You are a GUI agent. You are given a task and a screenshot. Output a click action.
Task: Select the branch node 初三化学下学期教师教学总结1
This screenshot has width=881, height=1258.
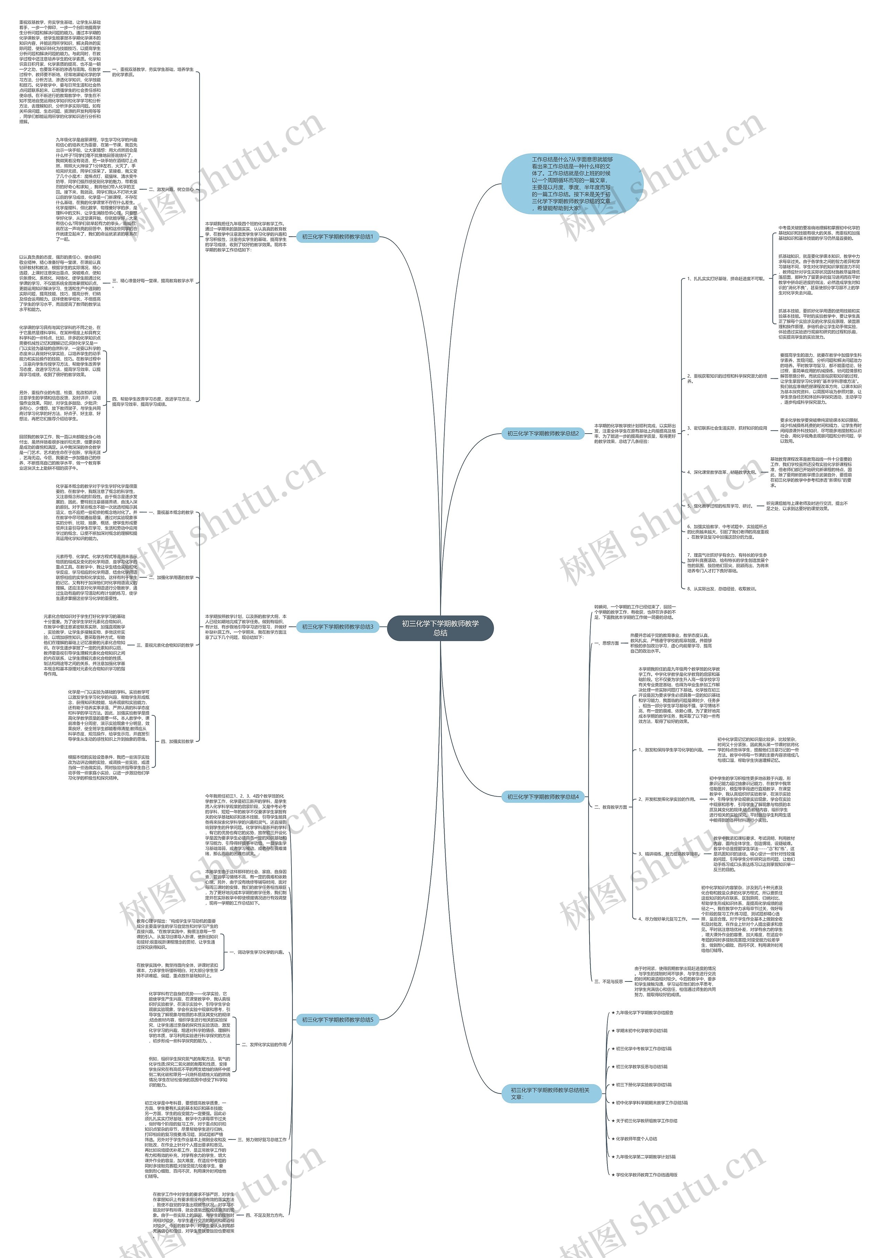tap(337, 237)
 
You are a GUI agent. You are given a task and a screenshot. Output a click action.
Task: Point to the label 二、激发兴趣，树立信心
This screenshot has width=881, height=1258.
tap(171, 189)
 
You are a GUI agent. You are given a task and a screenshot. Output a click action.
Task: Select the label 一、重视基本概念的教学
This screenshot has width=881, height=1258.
tap(171, 512)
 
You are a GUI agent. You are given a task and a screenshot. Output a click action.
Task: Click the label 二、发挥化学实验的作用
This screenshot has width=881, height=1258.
tap(264, 1044)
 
